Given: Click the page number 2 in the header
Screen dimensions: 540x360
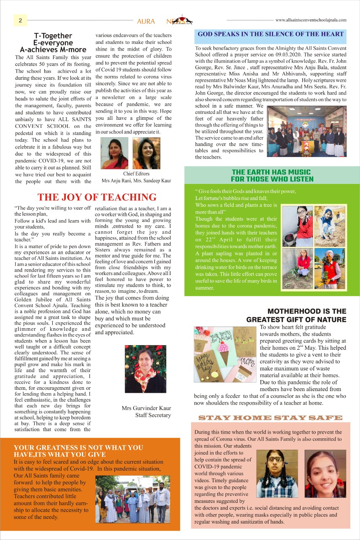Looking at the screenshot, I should (x=20, y=20).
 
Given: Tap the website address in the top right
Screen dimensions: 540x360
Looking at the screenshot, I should (x=311, y=20).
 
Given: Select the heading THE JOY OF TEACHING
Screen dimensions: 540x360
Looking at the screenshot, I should (x=97, y=197).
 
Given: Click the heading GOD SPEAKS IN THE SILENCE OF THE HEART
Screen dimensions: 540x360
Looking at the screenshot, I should (x=271, y=34).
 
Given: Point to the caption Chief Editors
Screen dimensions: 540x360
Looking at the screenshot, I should (x=136, y=173).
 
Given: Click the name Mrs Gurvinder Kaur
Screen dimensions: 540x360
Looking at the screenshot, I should (x=146, y=408).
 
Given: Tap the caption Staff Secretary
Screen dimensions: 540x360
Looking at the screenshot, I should (x=153, y=415).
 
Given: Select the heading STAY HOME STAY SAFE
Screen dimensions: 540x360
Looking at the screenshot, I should (x=270, y=418).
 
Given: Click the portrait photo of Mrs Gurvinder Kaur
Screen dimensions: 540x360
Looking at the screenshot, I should (x=145, y=369).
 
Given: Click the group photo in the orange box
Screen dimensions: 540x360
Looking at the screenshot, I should (x=132, y=499).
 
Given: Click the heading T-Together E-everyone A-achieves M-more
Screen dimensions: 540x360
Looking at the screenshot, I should (x=53, y=43).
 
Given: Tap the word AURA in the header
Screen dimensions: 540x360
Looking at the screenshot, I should (x=146, y=21).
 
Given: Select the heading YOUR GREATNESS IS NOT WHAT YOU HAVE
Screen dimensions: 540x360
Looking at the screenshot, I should (x=78, y=451).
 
